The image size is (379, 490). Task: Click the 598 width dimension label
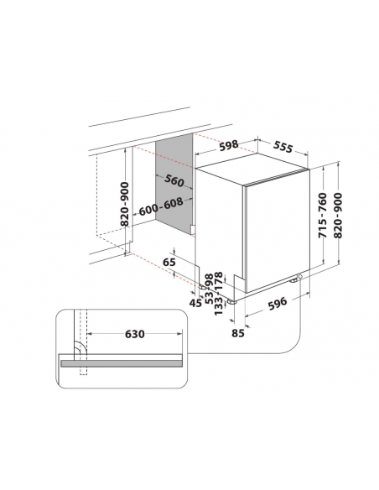point(229,146)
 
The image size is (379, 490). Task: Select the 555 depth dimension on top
point(283,147)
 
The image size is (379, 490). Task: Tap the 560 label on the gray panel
point(174,180)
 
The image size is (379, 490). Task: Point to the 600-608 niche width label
point(161,206)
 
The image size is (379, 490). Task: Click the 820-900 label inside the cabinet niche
point(125,204)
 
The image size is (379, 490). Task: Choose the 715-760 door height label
point(323,216)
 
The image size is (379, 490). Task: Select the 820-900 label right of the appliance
point(338,216)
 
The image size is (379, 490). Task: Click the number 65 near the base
point(169,262)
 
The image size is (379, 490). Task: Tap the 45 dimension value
point(195,303)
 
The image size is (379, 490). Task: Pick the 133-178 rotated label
point(219,294)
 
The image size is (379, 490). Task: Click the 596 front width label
point(278,304)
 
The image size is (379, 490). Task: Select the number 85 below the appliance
point(238,333)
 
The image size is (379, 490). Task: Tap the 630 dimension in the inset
point(135,334)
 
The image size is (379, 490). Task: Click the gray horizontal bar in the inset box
point(122,363)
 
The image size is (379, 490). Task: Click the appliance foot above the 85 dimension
point(231,302)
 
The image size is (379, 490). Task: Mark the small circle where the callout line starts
point(300,277)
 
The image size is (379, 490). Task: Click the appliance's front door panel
point(278,231)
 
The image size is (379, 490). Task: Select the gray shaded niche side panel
point(174,185)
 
